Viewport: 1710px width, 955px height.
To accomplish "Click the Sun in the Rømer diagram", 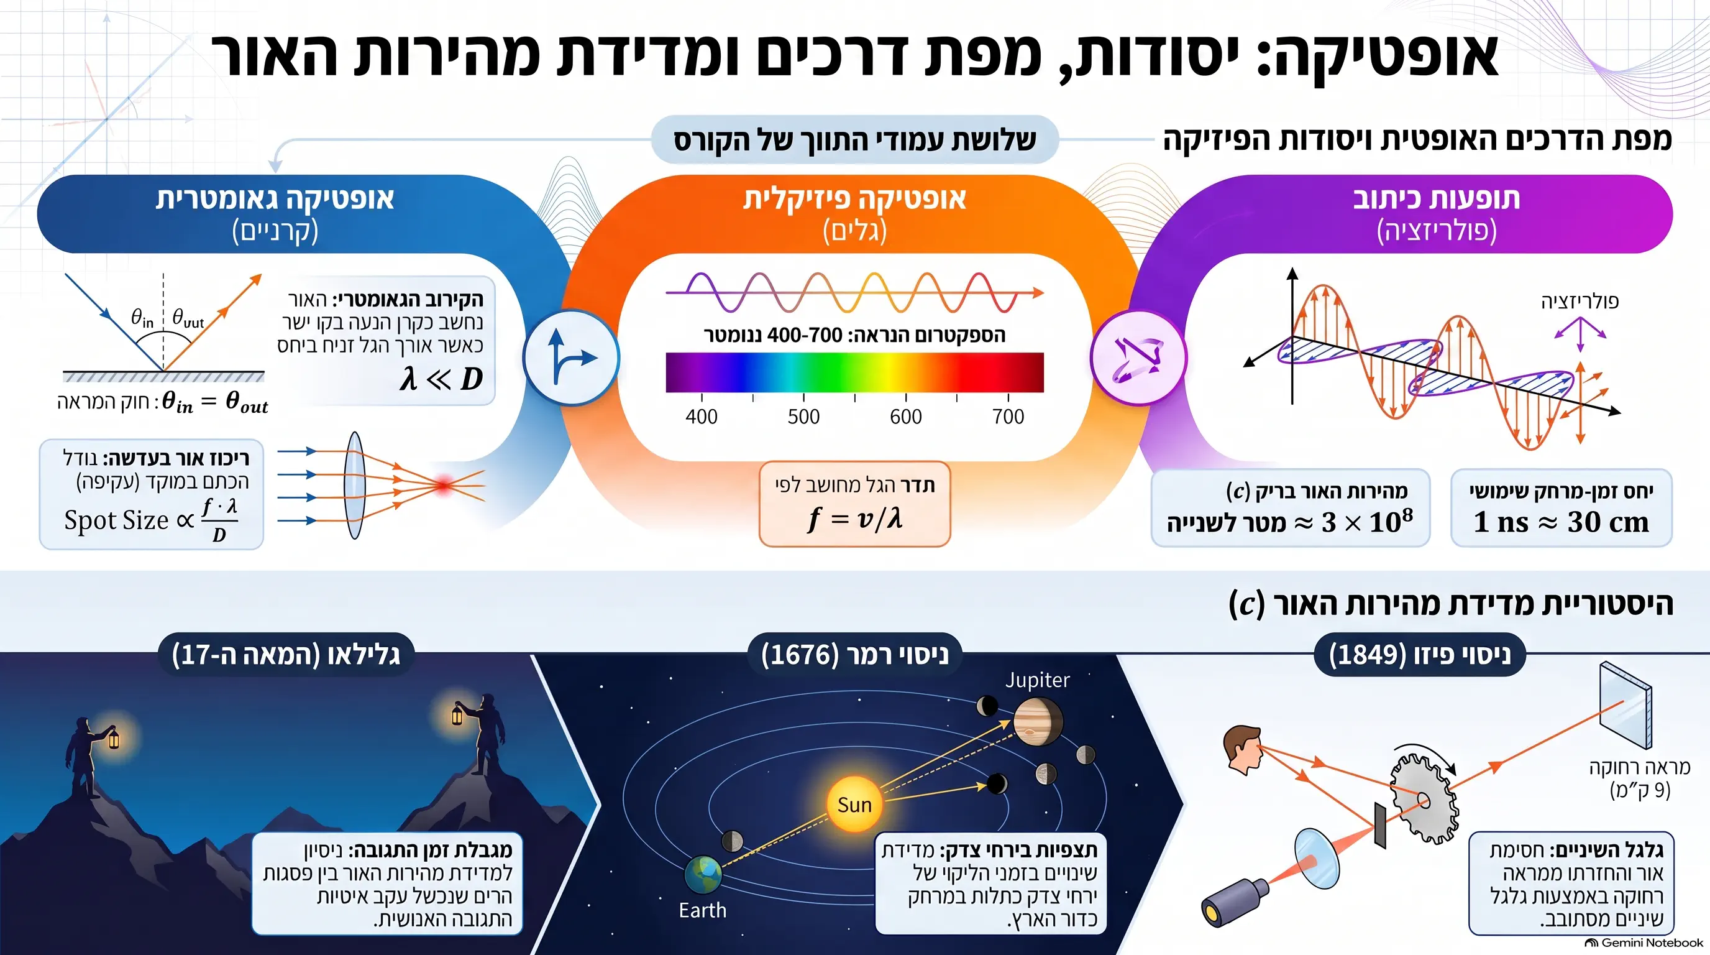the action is (854, 805).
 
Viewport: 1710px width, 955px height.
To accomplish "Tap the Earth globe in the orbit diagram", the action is (703, 875).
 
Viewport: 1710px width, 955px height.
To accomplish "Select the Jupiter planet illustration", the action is (1038, 721).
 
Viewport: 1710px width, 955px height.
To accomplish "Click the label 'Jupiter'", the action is (1037, 680).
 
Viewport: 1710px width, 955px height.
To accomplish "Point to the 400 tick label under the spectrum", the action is (701, 417).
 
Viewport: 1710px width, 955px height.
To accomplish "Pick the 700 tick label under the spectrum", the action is (1008, 417).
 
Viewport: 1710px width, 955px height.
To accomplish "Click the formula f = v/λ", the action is (854, 519).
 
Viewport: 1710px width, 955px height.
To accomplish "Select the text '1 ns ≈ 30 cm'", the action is (1561, 522).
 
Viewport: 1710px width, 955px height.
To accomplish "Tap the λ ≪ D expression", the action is (441, 379).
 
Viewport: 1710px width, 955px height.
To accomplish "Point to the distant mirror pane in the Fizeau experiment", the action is (1625, 704).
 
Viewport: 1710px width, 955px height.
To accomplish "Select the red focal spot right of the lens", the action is (444, 484).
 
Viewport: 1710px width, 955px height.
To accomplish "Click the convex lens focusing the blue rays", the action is (355, 486).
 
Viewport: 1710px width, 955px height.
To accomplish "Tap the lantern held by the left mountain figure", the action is (114, 738).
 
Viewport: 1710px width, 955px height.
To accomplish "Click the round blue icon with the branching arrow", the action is (571, 358).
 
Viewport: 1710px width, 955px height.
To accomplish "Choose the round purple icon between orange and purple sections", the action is (1138, 358).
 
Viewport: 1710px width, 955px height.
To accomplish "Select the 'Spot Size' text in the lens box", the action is (117, 520).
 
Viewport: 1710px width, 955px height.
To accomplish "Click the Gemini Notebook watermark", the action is (1645, 943).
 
